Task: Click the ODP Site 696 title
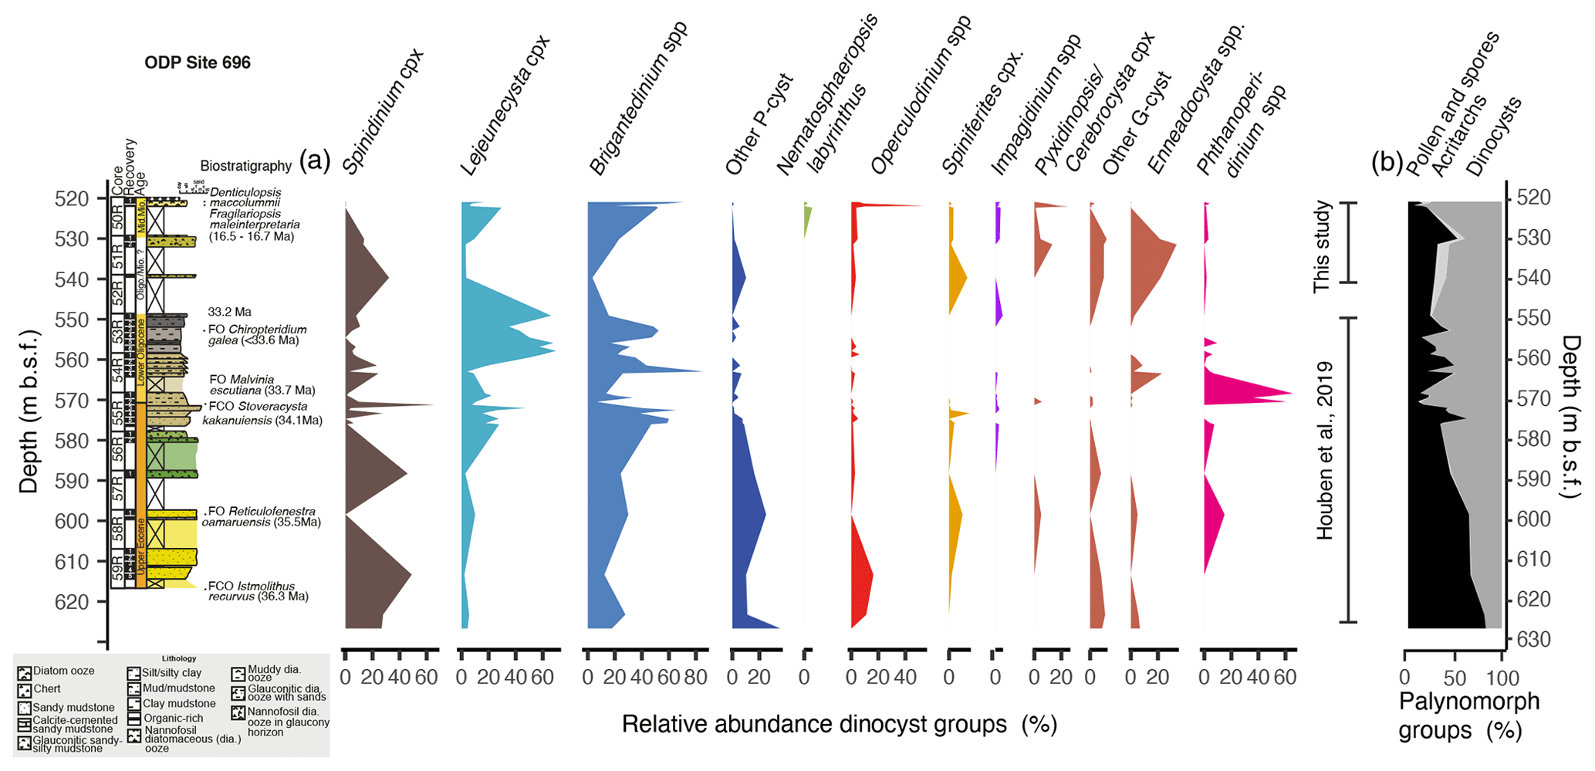click(x=198, y=63)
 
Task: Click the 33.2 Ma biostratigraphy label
click(x=229, y=313)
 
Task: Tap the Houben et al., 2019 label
click(x=1325, y=451)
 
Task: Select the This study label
click(x=1323, y=246)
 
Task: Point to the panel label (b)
click(x=1387, y=162)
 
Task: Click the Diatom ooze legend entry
click(x=63, y=671)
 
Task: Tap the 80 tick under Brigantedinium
click(x=695, y=678)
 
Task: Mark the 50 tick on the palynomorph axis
click(x=1454, y=679)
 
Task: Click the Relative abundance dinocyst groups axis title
click(x=839, y=724)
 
